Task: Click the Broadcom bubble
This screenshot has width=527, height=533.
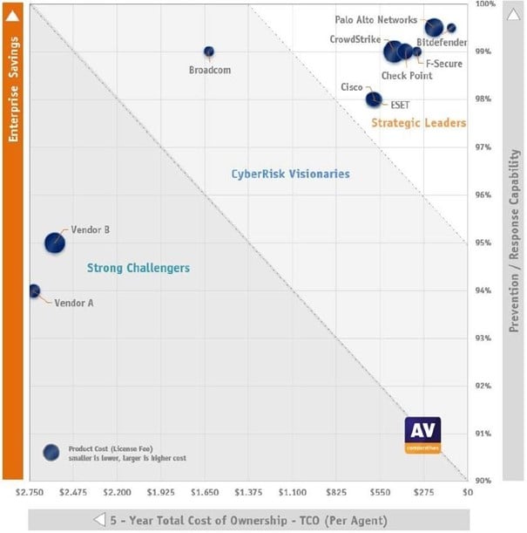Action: point(209,51)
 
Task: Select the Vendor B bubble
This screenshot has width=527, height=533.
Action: point(55,243)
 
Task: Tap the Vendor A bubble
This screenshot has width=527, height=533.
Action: point(34,290)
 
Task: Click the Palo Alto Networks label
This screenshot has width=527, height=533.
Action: point(375,19)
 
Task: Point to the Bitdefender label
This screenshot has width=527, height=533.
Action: point(442,42)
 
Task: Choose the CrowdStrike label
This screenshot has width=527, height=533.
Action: point(355,39)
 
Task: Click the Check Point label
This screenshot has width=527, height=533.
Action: point(407,76)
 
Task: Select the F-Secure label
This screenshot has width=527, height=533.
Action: point(443,64)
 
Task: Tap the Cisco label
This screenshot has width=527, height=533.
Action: point(352,87)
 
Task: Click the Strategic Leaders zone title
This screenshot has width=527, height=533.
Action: point(418,123)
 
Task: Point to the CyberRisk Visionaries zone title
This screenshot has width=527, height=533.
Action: point(290,174)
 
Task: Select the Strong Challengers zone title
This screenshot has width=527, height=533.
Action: point(139,268)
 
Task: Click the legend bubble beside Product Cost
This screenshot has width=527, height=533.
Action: point(51,452)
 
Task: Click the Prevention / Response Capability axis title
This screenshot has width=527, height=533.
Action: point(515,241)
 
